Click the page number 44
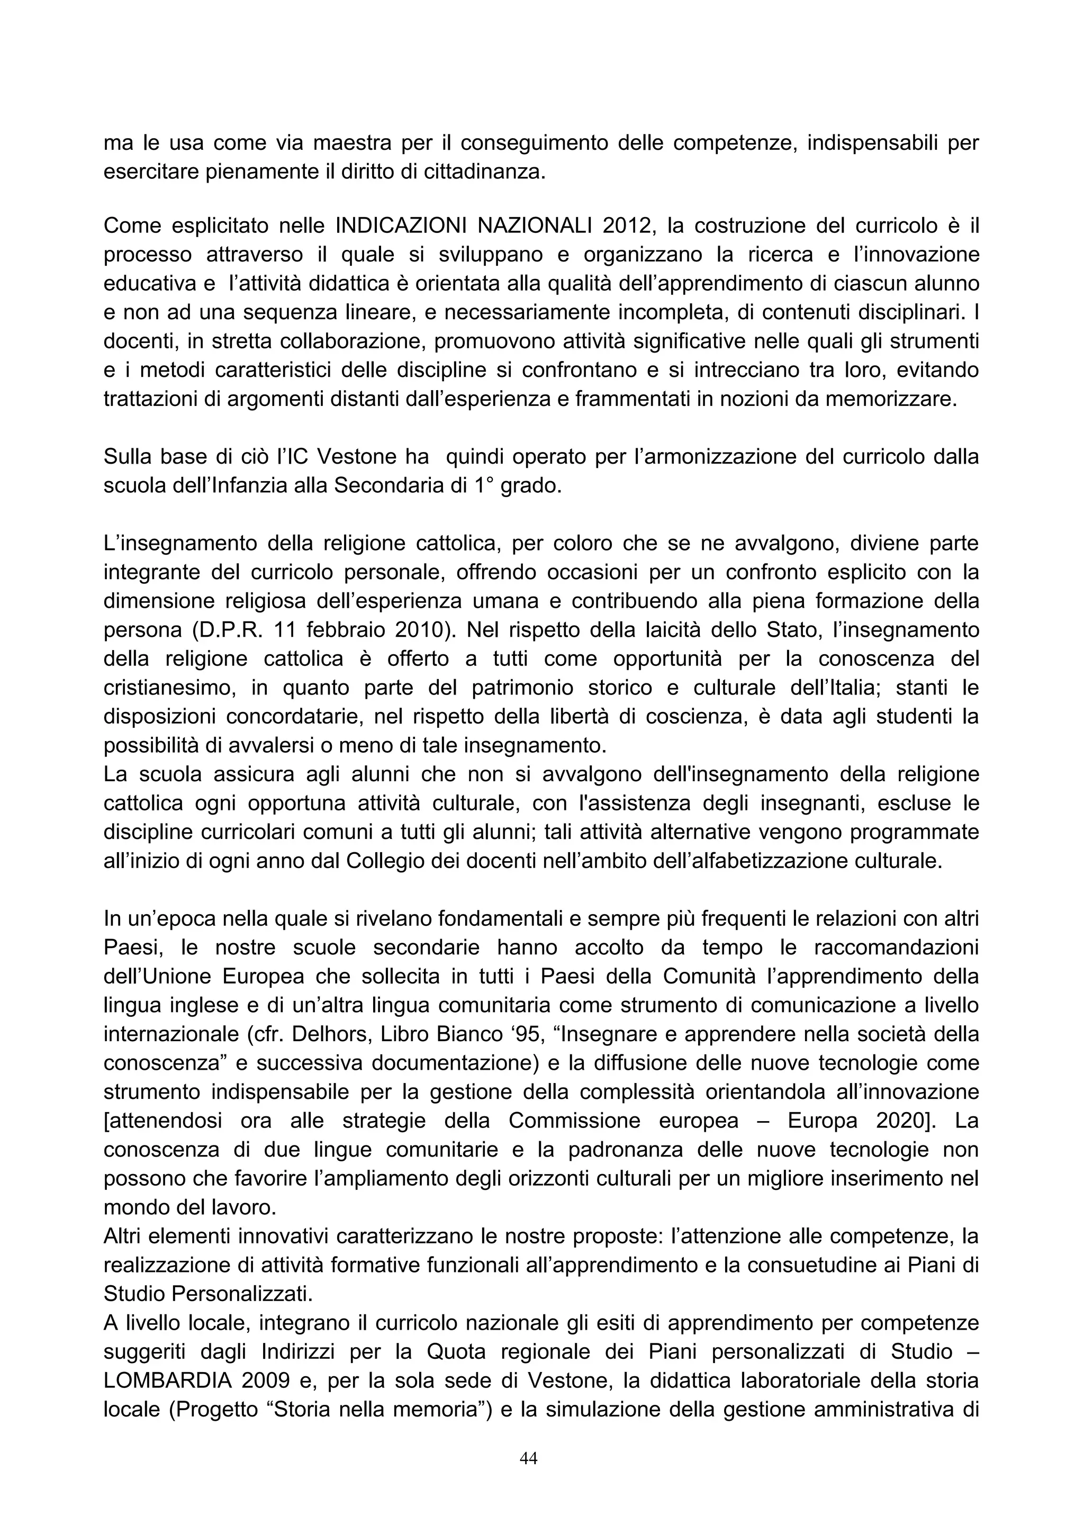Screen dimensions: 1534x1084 (x=528, y=1458)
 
